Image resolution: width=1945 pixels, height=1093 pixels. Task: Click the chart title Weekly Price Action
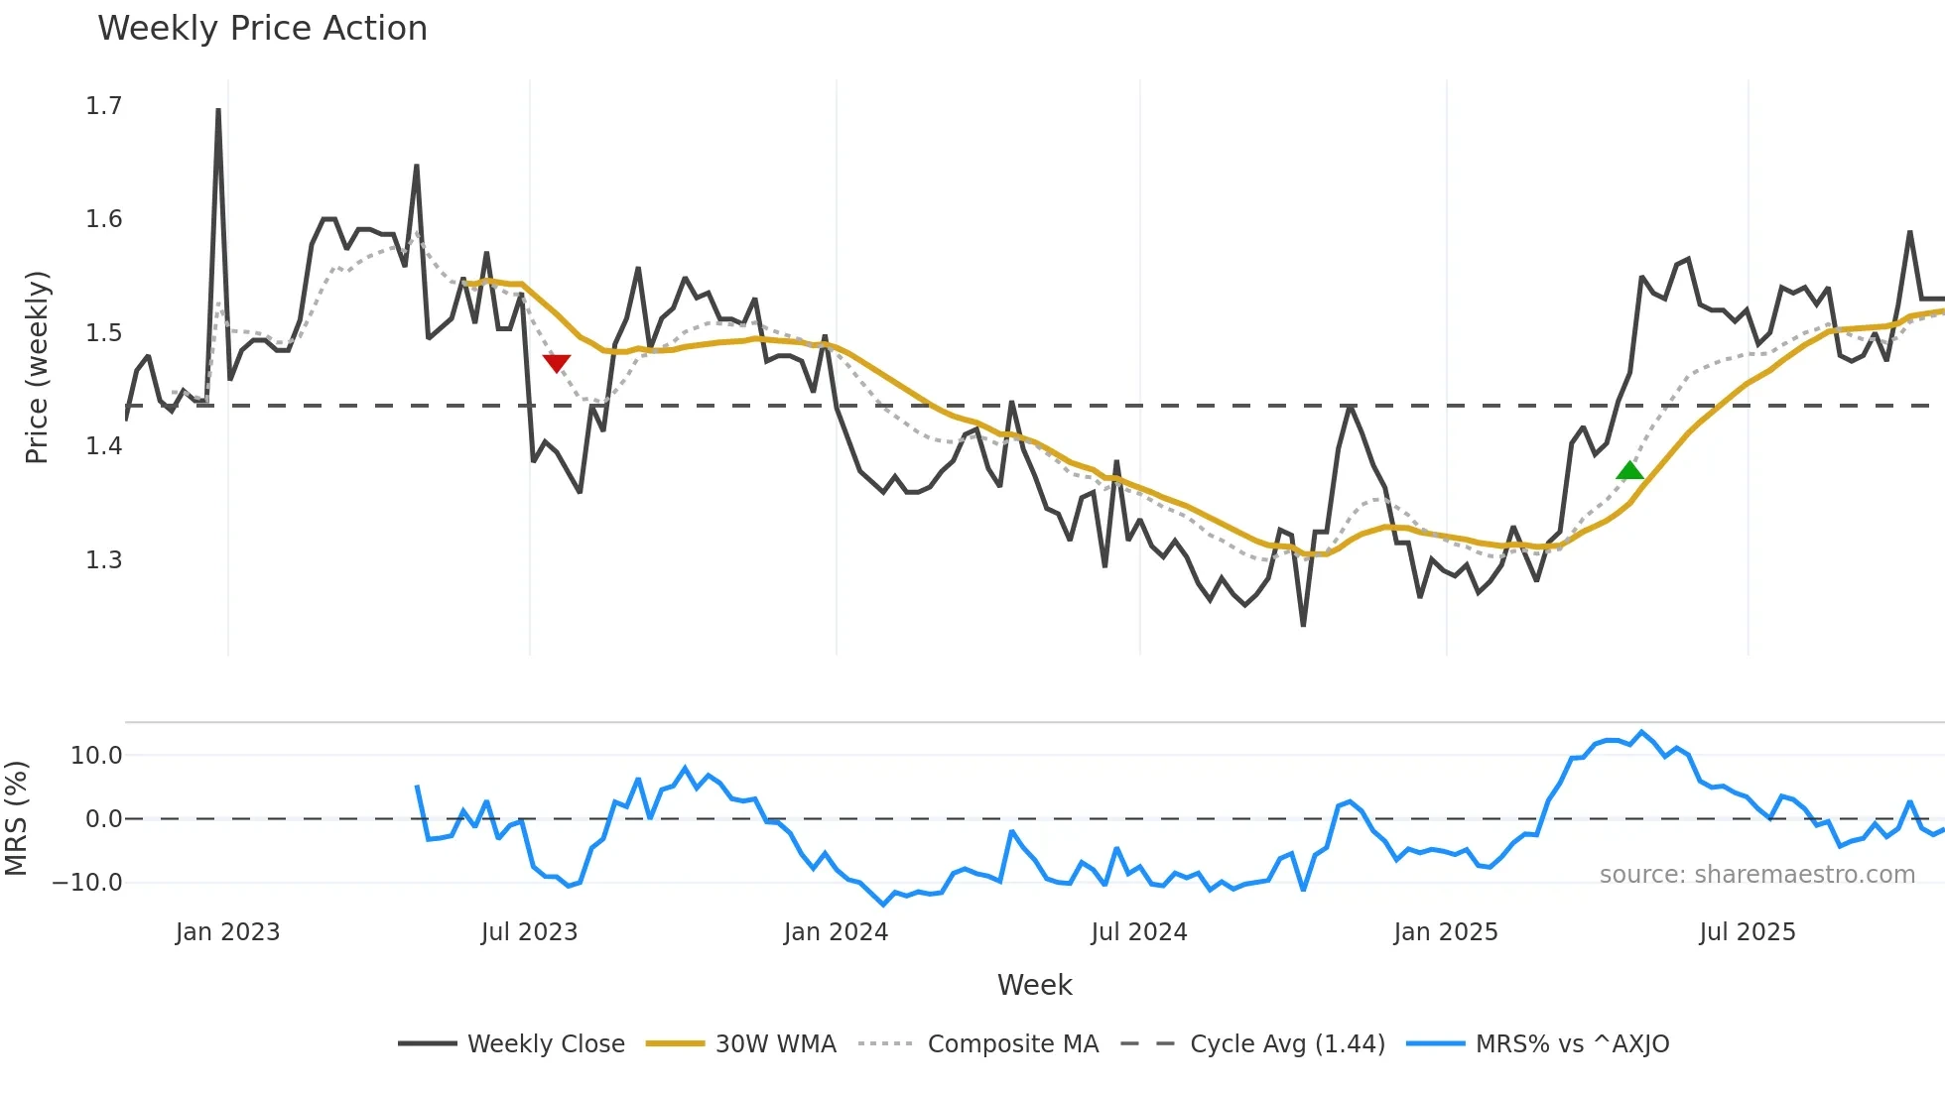[262, 29]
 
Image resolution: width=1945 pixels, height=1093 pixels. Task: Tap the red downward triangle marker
[557, 363]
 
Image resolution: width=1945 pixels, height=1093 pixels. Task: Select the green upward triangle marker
[1629, 470]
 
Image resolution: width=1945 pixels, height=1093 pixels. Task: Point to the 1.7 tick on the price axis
[103, 106]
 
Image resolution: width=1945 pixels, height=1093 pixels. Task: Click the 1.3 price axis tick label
[103, 560]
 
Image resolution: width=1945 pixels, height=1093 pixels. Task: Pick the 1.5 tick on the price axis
[103, 333]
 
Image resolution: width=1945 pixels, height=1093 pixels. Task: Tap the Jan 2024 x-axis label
[836, 932]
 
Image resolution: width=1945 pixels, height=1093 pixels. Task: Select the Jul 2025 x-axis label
[1747, 932]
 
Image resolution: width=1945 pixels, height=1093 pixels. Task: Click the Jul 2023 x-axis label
[529, 932]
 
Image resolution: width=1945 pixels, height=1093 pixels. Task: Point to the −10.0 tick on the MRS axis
[87, 883]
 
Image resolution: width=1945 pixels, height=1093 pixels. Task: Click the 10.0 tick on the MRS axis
[95, 756]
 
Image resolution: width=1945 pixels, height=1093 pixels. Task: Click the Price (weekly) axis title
[37, 367]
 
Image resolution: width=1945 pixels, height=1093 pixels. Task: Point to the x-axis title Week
[1034, 985]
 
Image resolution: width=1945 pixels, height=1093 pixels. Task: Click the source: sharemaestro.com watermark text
[1756, 875]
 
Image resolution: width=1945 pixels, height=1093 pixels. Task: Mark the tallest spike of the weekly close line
[218, 111]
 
